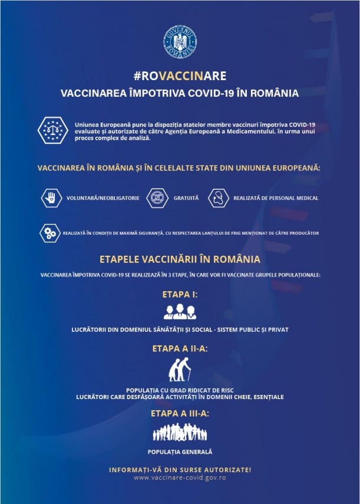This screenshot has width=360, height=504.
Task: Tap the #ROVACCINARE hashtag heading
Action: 180,76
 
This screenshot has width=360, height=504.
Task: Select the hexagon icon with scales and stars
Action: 51,129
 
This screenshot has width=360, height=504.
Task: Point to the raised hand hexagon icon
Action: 52,197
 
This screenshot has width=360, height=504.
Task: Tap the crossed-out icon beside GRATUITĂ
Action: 158,197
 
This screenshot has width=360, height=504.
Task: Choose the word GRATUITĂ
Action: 186,198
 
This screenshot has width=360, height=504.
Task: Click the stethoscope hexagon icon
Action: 219,197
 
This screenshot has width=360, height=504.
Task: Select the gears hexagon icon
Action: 51,233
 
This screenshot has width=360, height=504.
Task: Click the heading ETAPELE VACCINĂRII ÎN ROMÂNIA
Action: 180,259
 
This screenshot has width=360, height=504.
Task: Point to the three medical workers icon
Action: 180,311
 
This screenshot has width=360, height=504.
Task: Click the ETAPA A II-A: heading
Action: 180,348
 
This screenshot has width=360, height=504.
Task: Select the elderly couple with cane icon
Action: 180,371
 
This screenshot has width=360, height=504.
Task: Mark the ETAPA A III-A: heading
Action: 180,413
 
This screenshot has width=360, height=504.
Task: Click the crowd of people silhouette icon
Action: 180,433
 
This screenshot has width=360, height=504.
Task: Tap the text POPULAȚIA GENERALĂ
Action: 180,452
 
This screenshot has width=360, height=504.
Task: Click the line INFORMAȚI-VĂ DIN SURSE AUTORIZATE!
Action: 180,469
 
